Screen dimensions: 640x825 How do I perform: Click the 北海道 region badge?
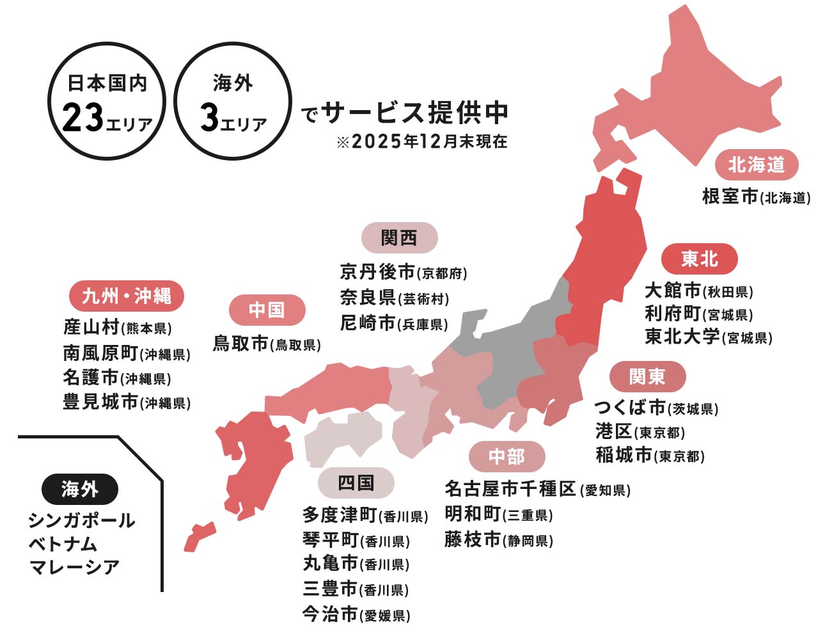coord(756,164)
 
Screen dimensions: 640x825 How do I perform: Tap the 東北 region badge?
coord(699,259)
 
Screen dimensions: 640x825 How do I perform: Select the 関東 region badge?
coord(647,376)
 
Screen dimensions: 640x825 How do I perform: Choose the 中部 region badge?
coord(507,456)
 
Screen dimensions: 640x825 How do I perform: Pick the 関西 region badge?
coord(399,238)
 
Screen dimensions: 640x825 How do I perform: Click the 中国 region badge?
coord(267,310)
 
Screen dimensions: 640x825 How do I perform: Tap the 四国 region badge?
coord(356,483)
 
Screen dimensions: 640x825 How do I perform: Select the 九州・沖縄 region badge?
coord(126,296)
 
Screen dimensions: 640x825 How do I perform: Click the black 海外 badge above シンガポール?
coord(79,490)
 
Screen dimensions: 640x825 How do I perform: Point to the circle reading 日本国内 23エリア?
coord(107,100)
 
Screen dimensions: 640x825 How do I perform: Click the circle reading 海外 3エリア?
coord(233,100)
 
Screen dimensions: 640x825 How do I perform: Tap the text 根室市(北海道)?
coord(756,196)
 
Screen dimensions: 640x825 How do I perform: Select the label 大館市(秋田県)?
coord(698,291)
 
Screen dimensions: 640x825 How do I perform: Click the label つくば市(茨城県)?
coord(656,408)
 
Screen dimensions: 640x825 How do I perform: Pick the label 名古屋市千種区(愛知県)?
coord(537,490)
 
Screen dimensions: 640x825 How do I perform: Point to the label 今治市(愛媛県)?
coord(356,615)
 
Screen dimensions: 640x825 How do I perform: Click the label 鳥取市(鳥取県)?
coord(267,344)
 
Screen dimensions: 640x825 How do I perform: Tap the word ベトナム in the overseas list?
coord(63,544)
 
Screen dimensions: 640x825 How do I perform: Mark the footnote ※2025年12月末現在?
coord(421,141)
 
